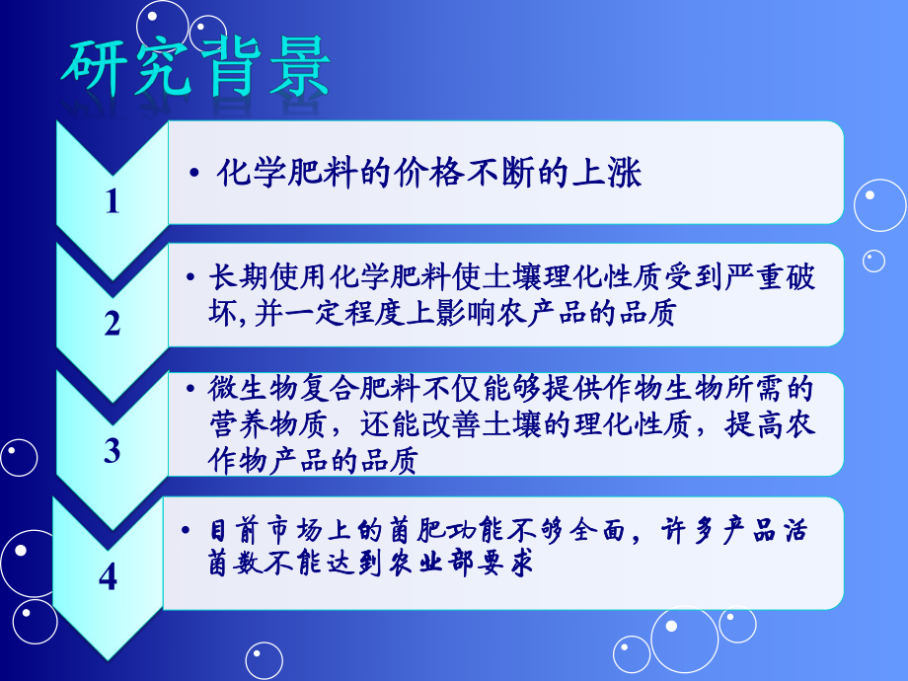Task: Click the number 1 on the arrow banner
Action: click(112, 202)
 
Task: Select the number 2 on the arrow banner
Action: click(112, 323)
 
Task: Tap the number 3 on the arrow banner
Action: click(112, 451)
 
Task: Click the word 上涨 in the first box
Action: click(612, 175)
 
